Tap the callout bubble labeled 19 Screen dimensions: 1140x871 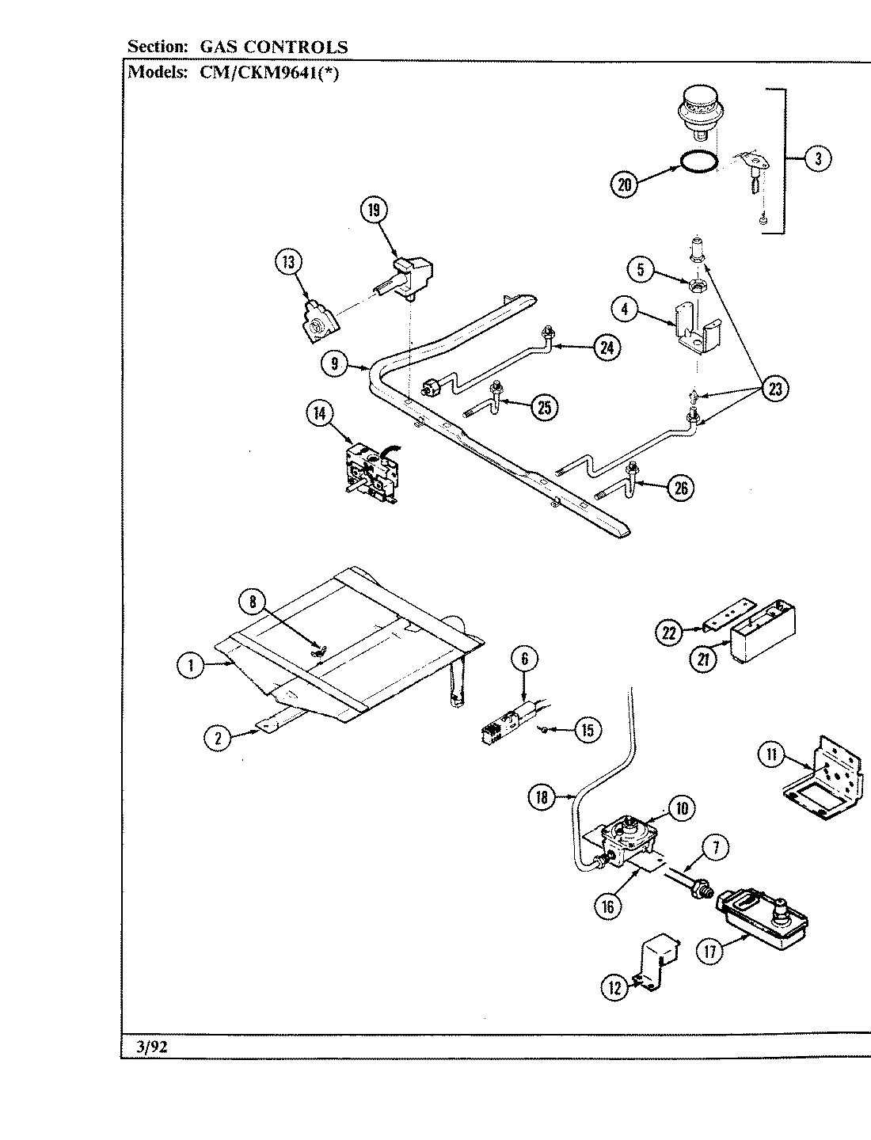[374, 210]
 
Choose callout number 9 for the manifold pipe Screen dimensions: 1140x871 [336, 363]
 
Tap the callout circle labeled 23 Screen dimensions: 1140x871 [778, 389]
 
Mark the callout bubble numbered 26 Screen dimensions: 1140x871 [679, 488]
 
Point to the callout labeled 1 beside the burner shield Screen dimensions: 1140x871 [190, 666]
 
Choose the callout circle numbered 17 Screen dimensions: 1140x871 [709, 951]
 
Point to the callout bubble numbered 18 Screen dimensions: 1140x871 [542, 798]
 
